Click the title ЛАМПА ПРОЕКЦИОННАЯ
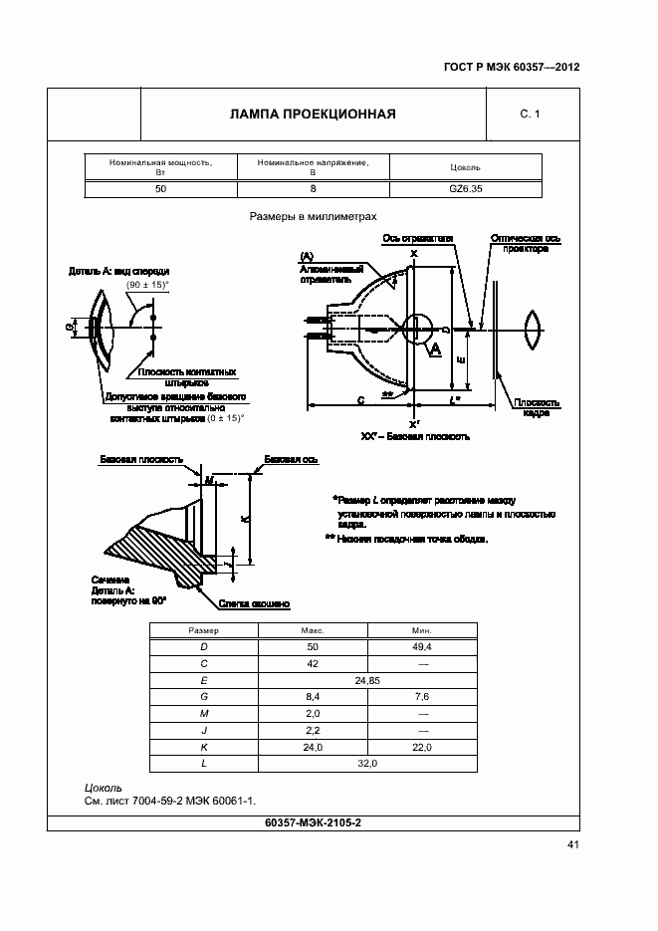point(313,114)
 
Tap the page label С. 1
point(530,115)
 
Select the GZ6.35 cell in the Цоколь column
point(466,189)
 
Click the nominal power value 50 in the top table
point(161,189)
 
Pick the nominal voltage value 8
point(313,189)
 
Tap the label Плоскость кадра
point(536,407)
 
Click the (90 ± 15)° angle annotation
point(148,285)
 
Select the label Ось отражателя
point(418,239)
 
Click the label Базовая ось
point(291,460)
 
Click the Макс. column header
point(313,630)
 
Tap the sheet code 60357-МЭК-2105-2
point(313,822)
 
